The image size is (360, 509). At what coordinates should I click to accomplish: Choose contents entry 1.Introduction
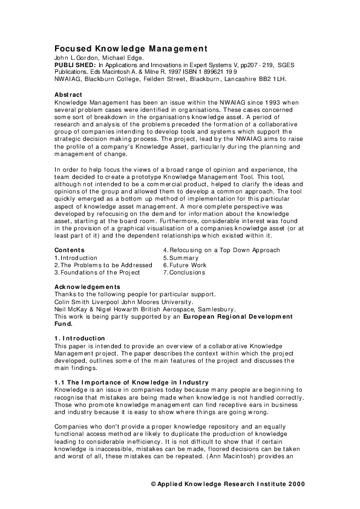tap(76, 258)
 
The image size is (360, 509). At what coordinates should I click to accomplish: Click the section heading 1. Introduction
tap(80, 338)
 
